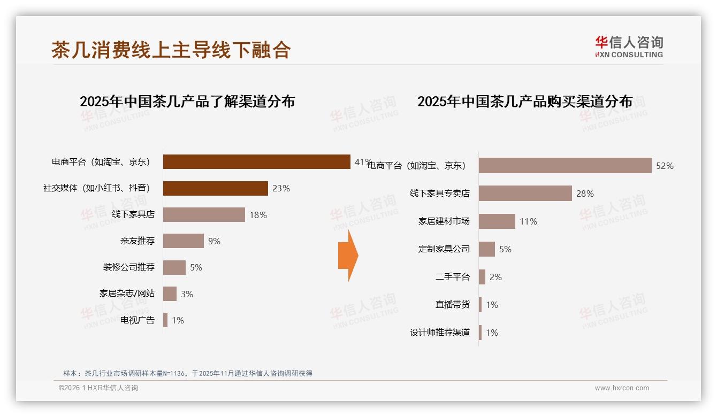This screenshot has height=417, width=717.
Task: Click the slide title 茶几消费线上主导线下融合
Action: click(x=171, y=50)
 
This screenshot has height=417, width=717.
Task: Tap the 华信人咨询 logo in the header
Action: click(x=629, y=47)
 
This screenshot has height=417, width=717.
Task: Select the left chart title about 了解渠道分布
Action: click(x=187, y=102)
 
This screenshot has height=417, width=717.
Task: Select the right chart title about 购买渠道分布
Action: click(x=525, y=102)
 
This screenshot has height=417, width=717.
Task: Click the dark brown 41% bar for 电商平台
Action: click(x=256, y=161)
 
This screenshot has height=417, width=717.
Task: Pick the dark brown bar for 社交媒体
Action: click(x=215, y=188)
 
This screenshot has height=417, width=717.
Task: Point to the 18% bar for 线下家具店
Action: click(x=204, y=214)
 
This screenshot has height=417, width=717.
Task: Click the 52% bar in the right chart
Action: click(x=565, y=166)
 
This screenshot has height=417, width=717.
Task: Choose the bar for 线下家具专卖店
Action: click(x=525, y=194)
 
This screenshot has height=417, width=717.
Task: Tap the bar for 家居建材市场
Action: click(x=497, y=221)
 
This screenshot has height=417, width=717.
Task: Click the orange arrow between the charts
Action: click(x=348, y=256)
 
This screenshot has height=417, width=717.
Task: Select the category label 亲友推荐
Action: click(x=138, y=241)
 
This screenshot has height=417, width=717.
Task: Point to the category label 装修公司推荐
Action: click(x=129, y=267)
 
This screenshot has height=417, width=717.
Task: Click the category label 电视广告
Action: click(x=138, y=320)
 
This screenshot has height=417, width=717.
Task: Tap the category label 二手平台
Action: click(x=453, y=277)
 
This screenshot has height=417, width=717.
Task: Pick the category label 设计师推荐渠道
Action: click(x=440, y=333)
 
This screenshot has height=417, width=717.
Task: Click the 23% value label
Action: click(x=281, y=188)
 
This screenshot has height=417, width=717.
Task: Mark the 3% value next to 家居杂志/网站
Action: click(x=187, y=294)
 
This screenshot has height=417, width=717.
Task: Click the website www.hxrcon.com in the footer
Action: click(x=622, y=388)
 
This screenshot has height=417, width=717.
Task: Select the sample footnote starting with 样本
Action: click(x=187, y=374)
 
